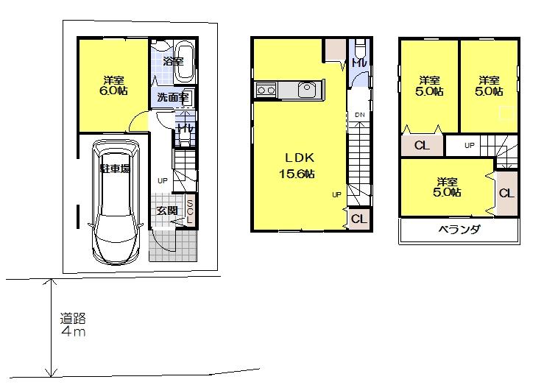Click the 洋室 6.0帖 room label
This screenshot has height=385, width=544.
113,85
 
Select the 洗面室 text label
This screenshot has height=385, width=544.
172,97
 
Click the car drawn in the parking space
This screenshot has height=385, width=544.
113,202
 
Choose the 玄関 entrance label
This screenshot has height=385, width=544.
166,211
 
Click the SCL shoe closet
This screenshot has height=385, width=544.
190,212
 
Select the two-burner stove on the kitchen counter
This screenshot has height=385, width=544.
265,91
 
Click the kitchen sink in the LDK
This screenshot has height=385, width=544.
306,90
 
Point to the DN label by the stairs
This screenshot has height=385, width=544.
359,116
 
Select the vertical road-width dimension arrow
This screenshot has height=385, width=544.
51,328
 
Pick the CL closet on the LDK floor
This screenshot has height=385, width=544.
358,219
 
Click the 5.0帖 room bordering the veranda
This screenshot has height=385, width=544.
447,187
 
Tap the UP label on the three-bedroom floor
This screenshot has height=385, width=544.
470,146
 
